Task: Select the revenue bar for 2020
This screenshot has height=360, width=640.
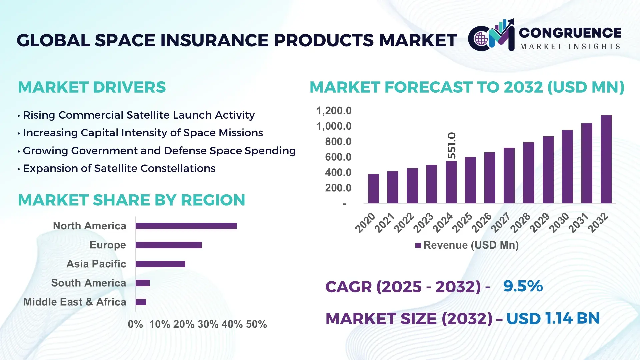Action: [373, 189]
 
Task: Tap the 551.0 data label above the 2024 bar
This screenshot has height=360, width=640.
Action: [452, 145]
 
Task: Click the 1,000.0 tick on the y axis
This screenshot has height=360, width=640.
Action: [334, 126]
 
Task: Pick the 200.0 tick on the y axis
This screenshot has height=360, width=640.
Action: [338, 188]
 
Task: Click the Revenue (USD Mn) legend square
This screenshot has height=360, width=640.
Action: [418, 245]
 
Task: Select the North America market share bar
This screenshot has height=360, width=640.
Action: [186, 226]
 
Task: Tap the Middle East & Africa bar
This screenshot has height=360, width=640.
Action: [141, 302]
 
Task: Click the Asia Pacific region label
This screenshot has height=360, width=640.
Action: [96, 264]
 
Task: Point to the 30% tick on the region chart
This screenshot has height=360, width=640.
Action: [208, 324]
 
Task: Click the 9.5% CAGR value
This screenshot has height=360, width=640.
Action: [523, 286]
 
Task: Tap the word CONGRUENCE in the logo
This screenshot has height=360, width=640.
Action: [570, 33]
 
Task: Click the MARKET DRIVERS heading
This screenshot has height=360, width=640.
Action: [92, 87]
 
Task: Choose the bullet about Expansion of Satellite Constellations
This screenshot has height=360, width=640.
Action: [119, 168]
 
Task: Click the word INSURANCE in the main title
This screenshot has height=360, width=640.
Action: [215, 40]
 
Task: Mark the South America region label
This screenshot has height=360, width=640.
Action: [89, 283]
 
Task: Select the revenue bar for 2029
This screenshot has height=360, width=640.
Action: [548, 170]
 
